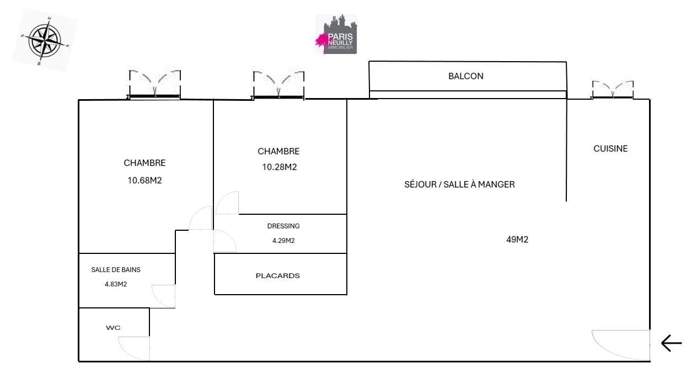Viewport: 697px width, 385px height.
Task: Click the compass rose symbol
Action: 45,40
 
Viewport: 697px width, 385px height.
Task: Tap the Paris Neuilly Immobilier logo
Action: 336,34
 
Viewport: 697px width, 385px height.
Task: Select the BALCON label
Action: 466,76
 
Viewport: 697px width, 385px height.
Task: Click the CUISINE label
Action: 610,149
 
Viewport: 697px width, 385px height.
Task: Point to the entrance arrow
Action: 672,343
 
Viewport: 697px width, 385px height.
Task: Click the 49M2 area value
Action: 517,239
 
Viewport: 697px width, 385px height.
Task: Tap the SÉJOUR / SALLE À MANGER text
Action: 459,185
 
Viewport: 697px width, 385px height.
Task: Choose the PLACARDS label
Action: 278,275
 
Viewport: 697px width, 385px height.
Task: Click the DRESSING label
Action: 283,226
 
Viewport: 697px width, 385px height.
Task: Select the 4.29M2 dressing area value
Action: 283,241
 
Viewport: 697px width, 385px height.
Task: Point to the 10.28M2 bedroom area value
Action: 280,167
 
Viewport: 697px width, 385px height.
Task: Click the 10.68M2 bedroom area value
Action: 144,181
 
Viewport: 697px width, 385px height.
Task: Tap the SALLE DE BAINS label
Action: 116,270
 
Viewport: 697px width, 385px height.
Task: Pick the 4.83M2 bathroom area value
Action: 116,284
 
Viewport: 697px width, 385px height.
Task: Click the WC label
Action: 113,328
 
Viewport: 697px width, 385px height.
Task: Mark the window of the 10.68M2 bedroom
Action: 154,84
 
